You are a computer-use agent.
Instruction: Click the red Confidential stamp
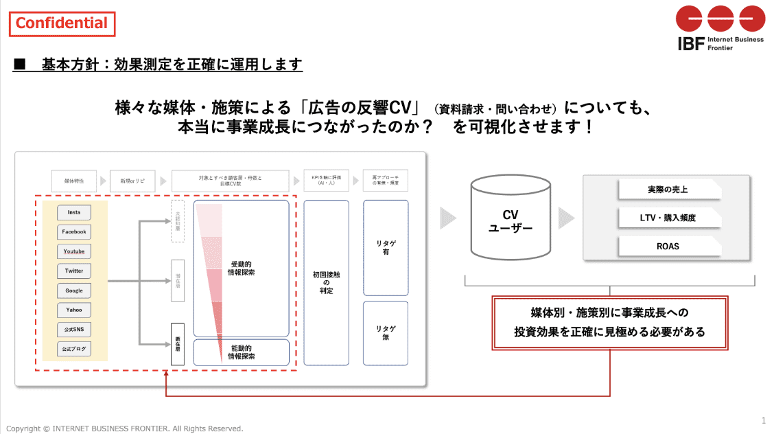pos(62,23)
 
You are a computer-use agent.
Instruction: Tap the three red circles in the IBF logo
pos(720,19)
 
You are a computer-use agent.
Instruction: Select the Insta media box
pos(74,213)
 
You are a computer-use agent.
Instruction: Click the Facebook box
pos(74,232)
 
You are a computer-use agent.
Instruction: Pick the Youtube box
pos(74,251)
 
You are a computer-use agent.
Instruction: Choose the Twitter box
pos(74,271)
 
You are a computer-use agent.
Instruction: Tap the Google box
pos(74,290)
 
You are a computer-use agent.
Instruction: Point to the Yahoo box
pos(74,310)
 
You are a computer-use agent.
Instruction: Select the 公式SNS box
pos(74,330)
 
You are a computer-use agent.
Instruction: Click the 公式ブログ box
pos(74,349)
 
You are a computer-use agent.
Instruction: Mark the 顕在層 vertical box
pos(177,344)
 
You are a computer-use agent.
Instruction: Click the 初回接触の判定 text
pos(327,282)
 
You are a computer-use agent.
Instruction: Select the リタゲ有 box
pos(386,248)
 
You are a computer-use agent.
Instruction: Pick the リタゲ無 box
pos(386,333)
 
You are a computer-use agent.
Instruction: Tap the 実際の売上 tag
pos(668,190)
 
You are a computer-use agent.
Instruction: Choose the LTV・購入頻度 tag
pos(668,218)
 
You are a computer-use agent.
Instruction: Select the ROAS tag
pos(668,246)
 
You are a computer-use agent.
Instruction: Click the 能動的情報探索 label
pos(242,352)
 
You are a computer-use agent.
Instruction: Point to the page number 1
pos(764,420)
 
